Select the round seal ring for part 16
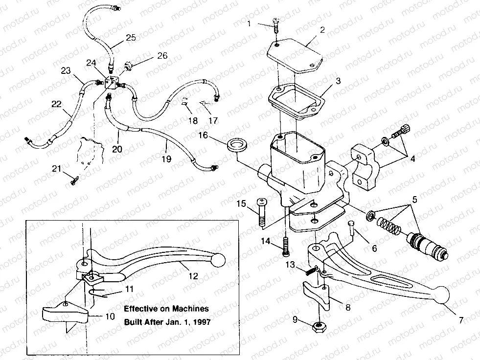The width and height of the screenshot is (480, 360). tap(237, 145)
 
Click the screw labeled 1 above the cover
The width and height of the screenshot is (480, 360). tap(274, 25)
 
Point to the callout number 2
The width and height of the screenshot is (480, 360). tap(322, 30)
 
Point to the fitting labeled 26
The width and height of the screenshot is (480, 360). tap(129, 65)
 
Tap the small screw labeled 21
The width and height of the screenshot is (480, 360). tap(74, 180)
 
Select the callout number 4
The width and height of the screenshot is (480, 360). tap(414, 158)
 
